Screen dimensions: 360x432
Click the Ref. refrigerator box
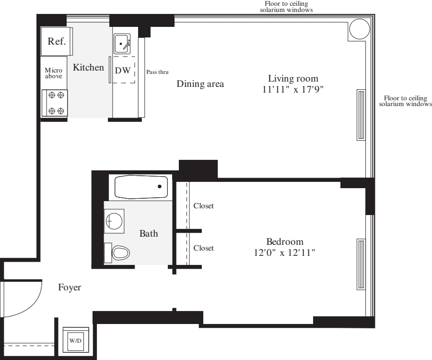[x=56, y=42]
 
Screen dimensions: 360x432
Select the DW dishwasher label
[x=123, y=70]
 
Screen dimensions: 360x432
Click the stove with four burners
[x=55, y=103]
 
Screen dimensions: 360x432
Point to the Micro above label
[x=53, y=73]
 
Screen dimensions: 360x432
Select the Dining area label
[x=200, y=84]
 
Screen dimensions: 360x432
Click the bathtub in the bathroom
[x=141, y=187]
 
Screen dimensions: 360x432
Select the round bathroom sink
[x=114, y=221]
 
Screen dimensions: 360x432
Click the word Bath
[x=148, y=234]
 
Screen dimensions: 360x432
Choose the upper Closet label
[x=203, y=206]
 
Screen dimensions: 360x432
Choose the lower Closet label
[x=203, y=248]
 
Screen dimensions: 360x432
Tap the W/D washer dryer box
[x=75, y=340]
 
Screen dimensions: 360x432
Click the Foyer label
[x=70, y=288]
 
